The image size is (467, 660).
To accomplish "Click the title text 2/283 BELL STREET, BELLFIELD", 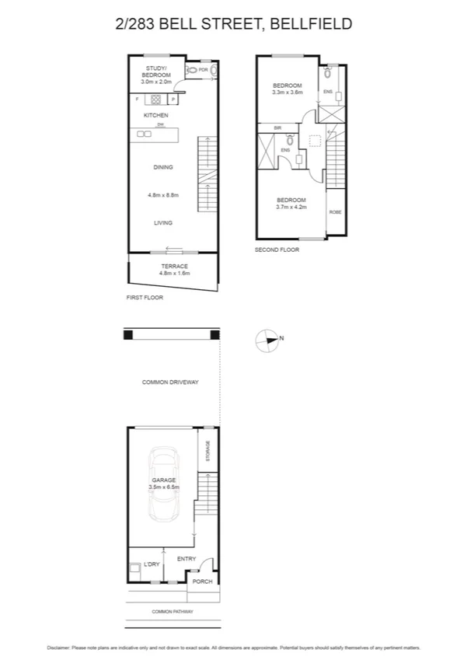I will click(x=233, y=25).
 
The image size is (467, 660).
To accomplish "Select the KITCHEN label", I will click(x=156, y=115).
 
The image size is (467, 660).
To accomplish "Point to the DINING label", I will click(x=162, y=167).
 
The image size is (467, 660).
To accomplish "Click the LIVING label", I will click(x=162, y=223).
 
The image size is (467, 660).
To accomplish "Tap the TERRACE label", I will click(x=174, y=267).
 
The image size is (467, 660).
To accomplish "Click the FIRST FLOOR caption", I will click(x=144, y=298).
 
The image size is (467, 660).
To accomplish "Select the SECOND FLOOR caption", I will click(x=277, y=250).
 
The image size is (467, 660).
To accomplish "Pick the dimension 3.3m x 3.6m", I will click(x=287, y=93).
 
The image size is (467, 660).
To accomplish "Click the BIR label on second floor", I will click(x=277, y=127).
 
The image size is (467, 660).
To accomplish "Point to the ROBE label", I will click(x=334, y=211).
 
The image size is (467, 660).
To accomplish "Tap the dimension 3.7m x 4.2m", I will click(x=291, y=207).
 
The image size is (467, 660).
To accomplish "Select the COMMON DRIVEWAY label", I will click(x=171, y=382).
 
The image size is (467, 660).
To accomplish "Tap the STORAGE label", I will click(x=207, y=452).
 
